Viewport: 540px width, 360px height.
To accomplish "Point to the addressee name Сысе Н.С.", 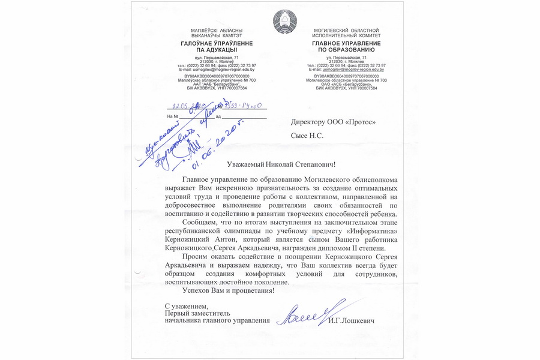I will (x=307, y=136).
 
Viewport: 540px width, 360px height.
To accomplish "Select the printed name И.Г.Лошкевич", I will (x=352, y=322).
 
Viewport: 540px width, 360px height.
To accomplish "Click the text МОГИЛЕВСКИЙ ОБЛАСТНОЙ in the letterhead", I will (x=346, y=30).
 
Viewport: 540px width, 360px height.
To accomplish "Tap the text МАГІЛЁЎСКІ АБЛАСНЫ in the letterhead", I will (x=217, y=30).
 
